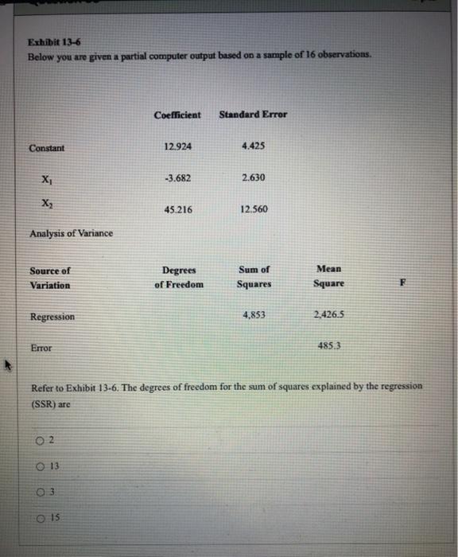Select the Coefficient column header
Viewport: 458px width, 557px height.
click(x=178, y=115)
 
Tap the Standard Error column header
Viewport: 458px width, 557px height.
click(x=253, y=115)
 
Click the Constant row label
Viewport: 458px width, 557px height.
click(x=47, y=148)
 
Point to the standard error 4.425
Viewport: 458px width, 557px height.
click(x=252, y=146)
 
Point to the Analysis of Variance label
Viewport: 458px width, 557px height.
click(x=71, y=233)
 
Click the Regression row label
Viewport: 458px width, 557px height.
click(x=52, y=317)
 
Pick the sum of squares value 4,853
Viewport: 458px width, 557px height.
click(x=253, y=315)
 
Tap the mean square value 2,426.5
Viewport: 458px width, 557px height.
click(x=328, y=315)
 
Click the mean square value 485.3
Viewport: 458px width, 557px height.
click(x=328, y=346)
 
